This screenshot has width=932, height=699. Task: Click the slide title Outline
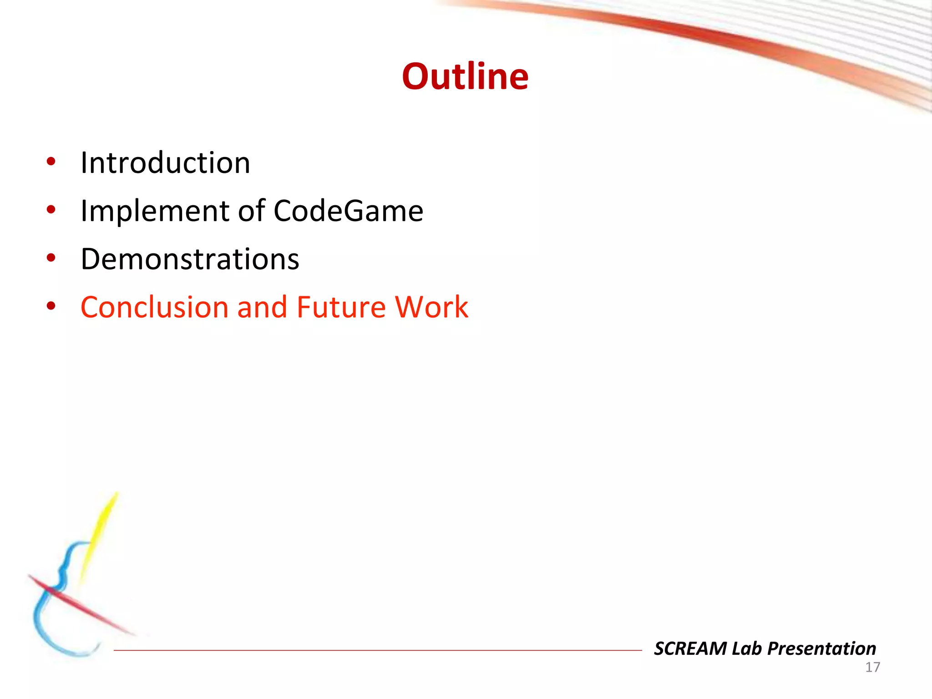[465, 76]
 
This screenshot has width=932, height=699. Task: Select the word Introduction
[165, 162]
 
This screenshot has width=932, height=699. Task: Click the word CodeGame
[348, 211]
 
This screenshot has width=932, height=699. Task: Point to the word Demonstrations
[190, 259]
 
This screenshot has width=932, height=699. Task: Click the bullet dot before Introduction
[51, 162]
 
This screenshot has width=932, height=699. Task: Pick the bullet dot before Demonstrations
[51, 258]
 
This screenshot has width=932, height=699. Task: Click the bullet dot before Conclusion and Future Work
[51, 306]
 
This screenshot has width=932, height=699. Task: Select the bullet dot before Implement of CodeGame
[51, 210]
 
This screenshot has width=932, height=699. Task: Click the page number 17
[872, 667]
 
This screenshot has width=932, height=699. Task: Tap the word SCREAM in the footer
[690, 648]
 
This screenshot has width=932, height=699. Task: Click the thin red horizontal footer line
[378, 650]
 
